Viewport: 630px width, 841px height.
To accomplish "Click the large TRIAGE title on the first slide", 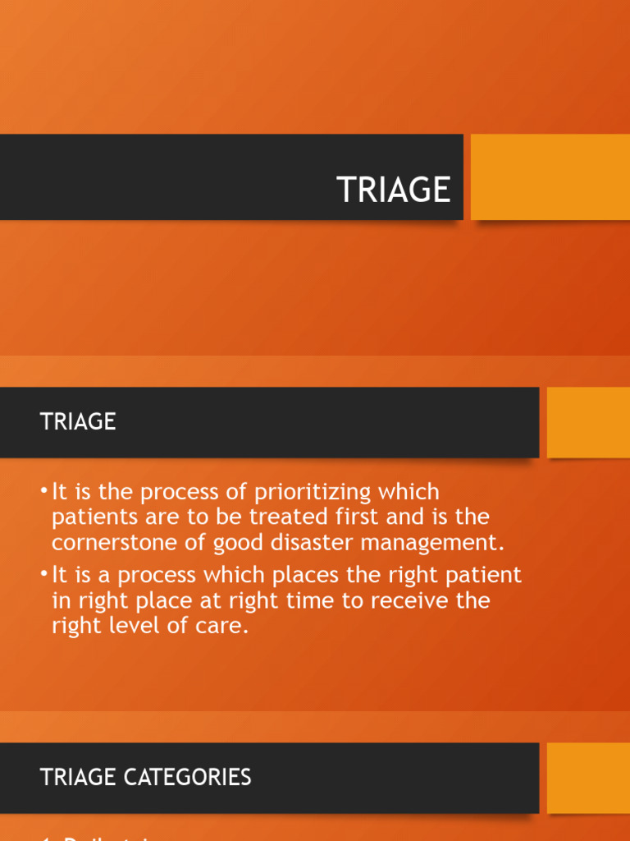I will coord(394,190).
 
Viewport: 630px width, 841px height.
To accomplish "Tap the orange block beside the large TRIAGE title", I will coord(550,177).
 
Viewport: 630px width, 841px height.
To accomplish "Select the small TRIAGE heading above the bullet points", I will coord(78,421).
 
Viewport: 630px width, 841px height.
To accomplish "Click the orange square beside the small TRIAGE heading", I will coord(588,422).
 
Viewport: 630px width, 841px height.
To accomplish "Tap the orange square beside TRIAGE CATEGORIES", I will coord(588,778).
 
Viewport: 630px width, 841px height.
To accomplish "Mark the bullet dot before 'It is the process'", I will coord(43,492).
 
